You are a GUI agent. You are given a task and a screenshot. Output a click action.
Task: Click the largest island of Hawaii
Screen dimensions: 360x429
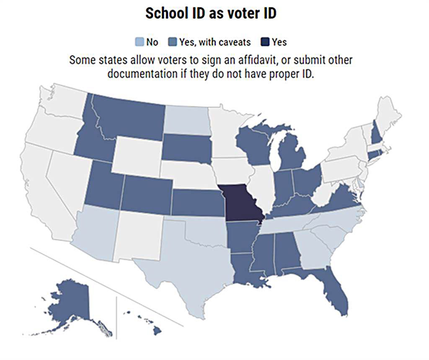click(x=157, y=331)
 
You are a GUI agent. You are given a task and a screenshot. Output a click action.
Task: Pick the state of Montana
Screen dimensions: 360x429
click(x=130, y=117)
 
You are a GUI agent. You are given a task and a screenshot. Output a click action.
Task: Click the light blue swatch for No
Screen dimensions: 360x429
click(x=139, y=42)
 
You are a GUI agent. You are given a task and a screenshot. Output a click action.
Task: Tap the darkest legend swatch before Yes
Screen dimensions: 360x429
click(x=265, y=42)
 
